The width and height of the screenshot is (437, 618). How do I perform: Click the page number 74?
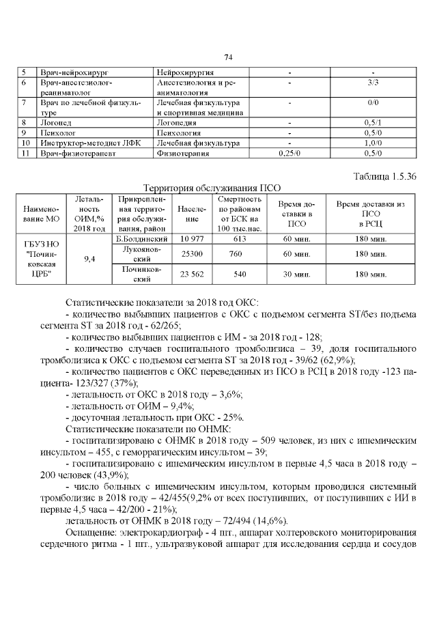[228, 57]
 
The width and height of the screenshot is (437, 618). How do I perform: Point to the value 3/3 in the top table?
[373, 82]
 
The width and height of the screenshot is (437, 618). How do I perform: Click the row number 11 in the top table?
[25, 154]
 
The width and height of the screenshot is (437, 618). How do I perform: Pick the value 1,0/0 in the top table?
[373, 143]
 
